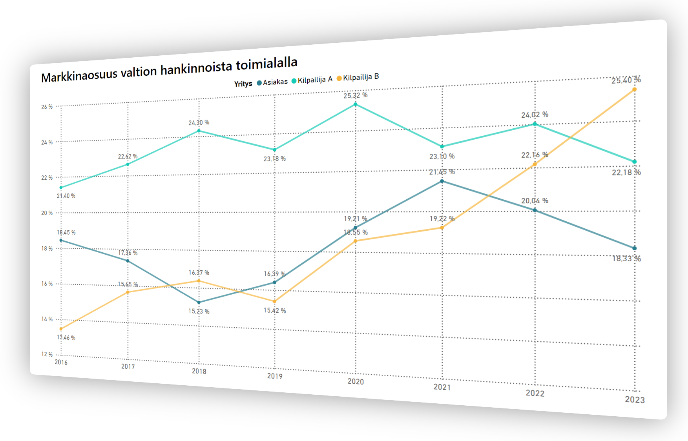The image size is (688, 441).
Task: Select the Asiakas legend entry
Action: tap(272, 82)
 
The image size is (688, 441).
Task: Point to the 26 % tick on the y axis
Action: tap(47, 107)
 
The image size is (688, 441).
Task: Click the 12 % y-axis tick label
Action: tap(47, 354)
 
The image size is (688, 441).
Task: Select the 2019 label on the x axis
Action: tap(275, 376)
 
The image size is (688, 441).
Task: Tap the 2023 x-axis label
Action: tap(635, 400)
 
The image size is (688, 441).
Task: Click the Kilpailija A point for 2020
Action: tap(356, 104)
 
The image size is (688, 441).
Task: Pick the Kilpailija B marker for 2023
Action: tap(634, 90)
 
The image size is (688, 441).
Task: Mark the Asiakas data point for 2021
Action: tap(442, 181)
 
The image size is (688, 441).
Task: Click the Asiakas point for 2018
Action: tap(199, 303)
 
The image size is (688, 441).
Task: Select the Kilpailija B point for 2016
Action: tap(61, 329)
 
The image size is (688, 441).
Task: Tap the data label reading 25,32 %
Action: tap(356, 95)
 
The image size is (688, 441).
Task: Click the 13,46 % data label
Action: tap(66, 337)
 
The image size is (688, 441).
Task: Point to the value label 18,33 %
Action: tap(626, 259)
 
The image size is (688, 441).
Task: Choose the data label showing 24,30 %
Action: tap(199, 123)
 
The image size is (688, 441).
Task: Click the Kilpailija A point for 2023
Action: tap(634, 162)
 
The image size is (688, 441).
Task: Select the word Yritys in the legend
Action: tap(243, 84)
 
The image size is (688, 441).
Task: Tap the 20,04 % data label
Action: tap(535, 201)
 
